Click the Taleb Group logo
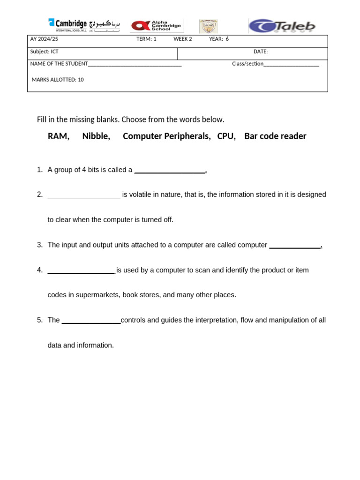click(282, 26)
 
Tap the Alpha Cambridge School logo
click(157, 26)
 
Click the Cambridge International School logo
click(83, 25)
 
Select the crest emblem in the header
click(208, 26)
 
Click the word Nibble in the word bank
click(96, 136)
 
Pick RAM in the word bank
click(58, 136)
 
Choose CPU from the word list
click(226, 136)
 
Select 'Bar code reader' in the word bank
click(275, 136)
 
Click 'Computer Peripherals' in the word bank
click(166, 136)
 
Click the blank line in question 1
click(170, 171)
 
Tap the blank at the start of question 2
click(84, 196)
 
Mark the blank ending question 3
click(295, 246)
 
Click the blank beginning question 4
click(81, 271)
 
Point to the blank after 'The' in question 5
click(91, 322)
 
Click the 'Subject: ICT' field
click(45, 52)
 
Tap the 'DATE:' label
click(261, 52)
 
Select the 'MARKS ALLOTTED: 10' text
click(58, 80)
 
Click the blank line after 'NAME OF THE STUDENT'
click(135, 65)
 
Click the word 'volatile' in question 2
click(142, 195)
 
